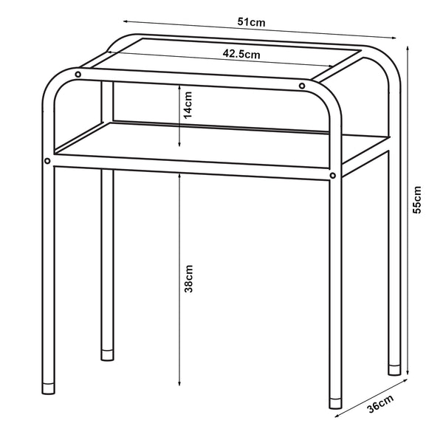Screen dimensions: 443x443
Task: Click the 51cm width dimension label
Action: click(253, 24)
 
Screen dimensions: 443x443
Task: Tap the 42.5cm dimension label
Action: click(241, 53)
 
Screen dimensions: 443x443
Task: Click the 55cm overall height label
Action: click(417, 199)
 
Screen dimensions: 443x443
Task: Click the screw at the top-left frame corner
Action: click(78, 74)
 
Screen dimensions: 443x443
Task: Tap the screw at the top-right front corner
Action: click(302, 86)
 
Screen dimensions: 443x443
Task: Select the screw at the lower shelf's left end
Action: click(48, 160)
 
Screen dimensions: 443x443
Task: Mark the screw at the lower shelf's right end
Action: click(333, 176)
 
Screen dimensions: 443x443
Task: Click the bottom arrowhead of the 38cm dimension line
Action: click(180, 385)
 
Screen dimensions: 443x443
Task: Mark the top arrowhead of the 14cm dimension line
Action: click(180, 83)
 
